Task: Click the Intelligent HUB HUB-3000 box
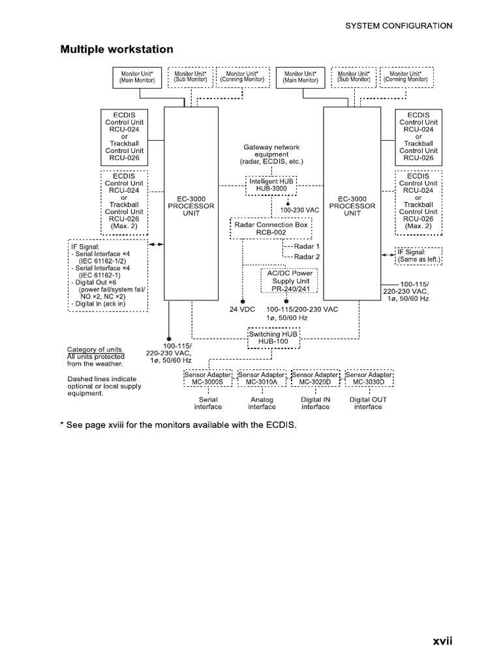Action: [271, 185]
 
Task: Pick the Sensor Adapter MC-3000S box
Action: [208, 378]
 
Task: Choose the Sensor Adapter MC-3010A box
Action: [262, 378]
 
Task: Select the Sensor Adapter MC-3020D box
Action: [315, 378]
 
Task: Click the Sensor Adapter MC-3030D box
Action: [369, 378]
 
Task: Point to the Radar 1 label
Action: [307, 247]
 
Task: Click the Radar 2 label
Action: [307, 257]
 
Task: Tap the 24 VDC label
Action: [241, 309]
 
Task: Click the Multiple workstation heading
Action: [117, 49]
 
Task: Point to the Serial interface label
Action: [208, 403]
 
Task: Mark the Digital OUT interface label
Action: [369, 403]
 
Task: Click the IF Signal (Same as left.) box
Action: [418, 255]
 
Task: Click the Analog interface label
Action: [262, 403]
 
